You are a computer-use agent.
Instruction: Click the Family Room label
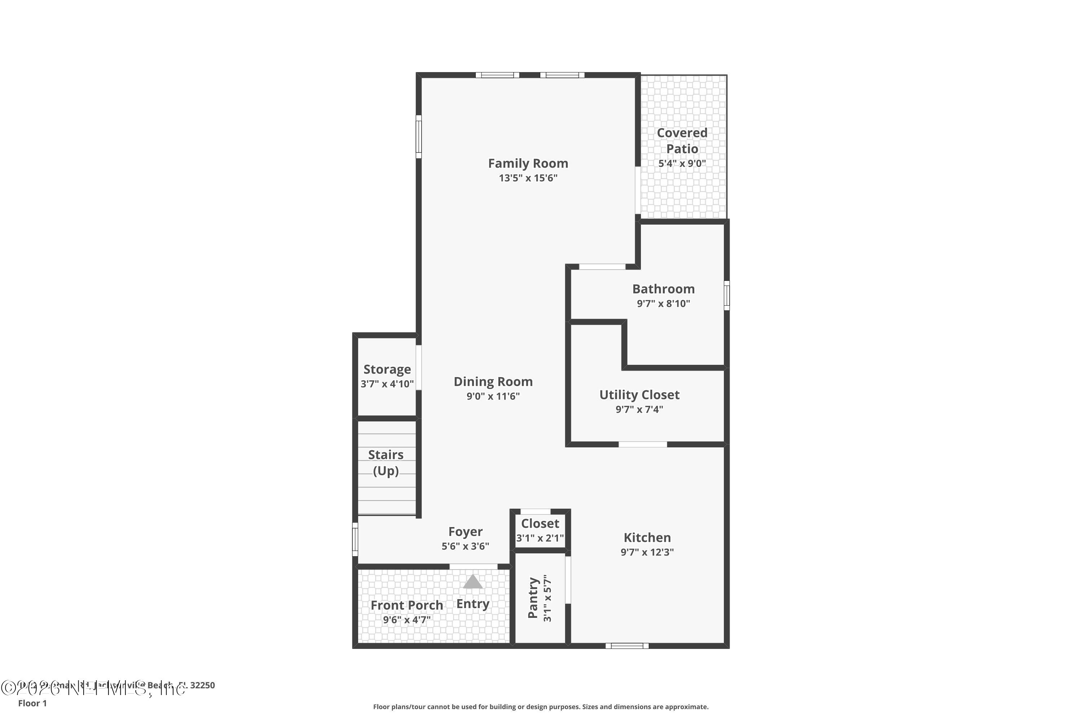[x=528, y=163]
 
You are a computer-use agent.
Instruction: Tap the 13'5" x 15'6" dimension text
[x=528, y=178]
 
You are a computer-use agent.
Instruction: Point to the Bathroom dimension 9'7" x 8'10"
[x=663, y=304]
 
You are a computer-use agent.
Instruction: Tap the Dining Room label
[x=493, y=382]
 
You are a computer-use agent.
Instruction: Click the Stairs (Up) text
[x=386, y=463]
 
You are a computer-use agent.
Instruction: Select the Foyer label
[x=465, y=531]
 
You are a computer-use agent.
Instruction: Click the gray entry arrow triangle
[x=472, y=582]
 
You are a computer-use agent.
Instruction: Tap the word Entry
[x=472, y=604]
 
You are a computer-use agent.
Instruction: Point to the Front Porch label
[x=407, y=605]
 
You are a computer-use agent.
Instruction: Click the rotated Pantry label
[x=533, y=598]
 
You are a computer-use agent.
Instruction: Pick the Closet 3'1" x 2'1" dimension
[x=540, y=538]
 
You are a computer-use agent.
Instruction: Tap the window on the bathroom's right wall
[x=726, y=295]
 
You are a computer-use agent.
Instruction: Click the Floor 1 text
[x=32, y=703]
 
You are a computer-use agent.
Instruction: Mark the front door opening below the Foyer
[x=473, y=566]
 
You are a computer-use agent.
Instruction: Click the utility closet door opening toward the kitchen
[x=642, y=444]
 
